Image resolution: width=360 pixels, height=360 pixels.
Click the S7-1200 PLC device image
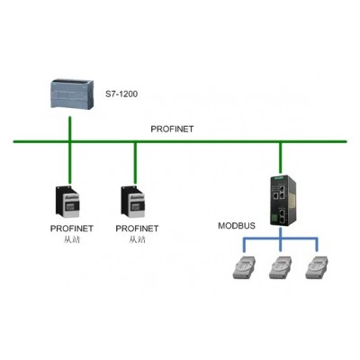click(x=71, y=94)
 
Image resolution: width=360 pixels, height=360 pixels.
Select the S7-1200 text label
click(x=121, y=94)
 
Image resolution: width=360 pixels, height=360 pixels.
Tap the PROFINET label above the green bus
click(x=172, y=129)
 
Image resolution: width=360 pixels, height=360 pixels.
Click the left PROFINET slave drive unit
click(x=67, y=202)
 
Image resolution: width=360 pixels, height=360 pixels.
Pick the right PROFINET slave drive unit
click(x=133, y=202)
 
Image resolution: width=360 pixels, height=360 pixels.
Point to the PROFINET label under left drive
click(x=72, y=229)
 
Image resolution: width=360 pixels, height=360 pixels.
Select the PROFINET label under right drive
click(x=137, y=229)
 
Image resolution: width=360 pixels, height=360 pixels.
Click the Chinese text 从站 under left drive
click(x=72, y=239)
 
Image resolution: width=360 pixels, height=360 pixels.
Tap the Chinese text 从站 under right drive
click(x=138, y=239)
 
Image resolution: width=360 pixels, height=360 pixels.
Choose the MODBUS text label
click(x=237, y=226)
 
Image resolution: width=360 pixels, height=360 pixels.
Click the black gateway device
click(x=283, y=201)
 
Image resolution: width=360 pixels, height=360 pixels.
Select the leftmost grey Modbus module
click(x=245, y=267)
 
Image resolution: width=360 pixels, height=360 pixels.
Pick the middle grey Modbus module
click(x=281, y=267)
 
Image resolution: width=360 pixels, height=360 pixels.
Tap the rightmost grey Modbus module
click(x=317, y=267)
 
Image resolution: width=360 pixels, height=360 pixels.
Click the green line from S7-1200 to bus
click(x=70, y=128)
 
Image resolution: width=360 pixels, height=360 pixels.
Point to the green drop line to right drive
click(x=135, y=163)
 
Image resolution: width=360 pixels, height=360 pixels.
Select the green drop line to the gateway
click(x=281, y=158)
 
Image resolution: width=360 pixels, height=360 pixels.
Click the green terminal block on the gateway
click(x=274, y=218)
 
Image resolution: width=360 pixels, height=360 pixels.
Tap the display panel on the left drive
click(x=72, y=205)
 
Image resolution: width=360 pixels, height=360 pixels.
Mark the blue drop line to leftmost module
click(x=245, y=245)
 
